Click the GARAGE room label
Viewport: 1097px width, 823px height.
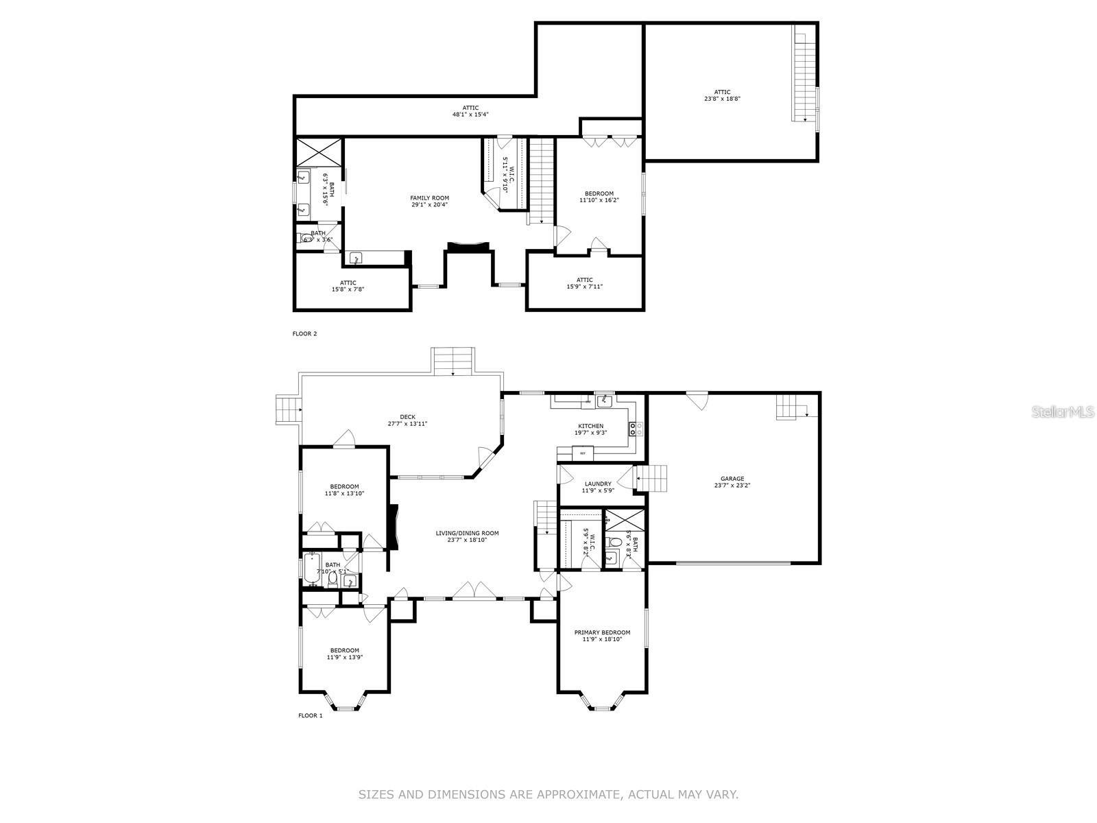click(x=732, y=479)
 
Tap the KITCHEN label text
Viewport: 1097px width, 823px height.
click(x=590, y=426)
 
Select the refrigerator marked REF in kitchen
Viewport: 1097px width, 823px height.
click(x=583, y=453)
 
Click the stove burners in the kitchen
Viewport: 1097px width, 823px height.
click(x=636, y=429)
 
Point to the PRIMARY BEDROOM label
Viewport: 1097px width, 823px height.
click(x=602, y=632)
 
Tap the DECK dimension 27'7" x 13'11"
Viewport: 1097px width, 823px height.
click(x=407, y=424)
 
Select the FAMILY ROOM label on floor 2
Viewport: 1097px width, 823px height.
click(x=430, y=198)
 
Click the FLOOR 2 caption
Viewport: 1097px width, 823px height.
click(x=305, y=334)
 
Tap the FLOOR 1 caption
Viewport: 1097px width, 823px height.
click(x=310, y=715)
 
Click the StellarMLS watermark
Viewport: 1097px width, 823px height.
click(x=1064, y=411)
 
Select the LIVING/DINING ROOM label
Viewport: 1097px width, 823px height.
click(x=467, y=533)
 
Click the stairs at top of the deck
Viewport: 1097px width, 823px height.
click(x=453, y=361)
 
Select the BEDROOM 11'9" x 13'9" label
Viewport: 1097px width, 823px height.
click(x=344, y=650)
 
